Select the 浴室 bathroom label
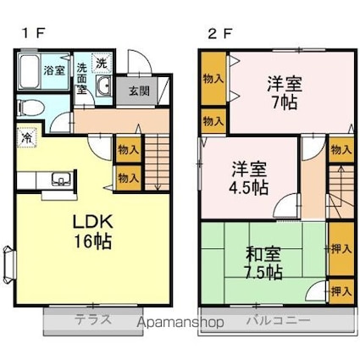53,70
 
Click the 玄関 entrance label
139,89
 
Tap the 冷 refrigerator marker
28,136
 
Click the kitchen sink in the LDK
61,179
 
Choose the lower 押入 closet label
341,291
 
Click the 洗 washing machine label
101,63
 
